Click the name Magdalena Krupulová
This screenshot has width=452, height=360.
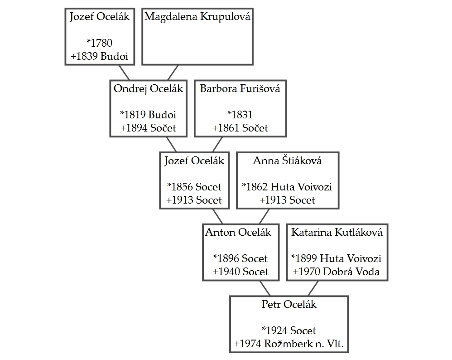(x=197, y=17)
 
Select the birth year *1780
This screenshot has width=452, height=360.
(x=99, y=44)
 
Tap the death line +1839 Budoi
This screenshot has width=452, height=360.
(x=99, y=57)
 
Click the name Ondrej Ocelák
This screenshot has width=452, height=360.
(x=148, y=88)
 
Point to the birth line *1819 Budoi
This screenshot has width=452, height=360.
(x=148, y=115)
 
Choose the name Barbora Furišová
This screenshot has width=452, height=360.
(x=240, y=88)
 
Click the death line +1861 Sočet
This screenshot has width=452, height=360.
(x=240, y=128)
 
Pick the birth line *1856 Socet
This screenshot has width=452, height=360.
(x=194, y=187)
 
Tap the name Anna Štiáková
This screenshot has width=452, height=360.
(x=287, y=161)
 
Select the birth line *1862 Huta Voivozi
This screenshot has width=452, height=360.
(x=287, y=187)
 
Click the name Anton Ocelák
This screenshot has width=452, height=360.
(x=238, y=233)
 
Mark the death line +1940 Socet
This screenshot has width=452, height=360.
(x=240, y=272)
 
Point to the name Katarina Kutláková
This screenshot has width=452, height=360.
(x=337, y=233)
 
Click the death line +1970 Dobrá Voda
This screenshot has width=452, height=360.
(x=337, y=272)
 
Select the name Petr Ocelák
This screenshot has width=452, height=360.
(x=289, y=304)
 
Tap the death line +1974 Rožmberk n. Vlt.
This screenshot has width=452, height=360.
(x=289, y=344)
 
